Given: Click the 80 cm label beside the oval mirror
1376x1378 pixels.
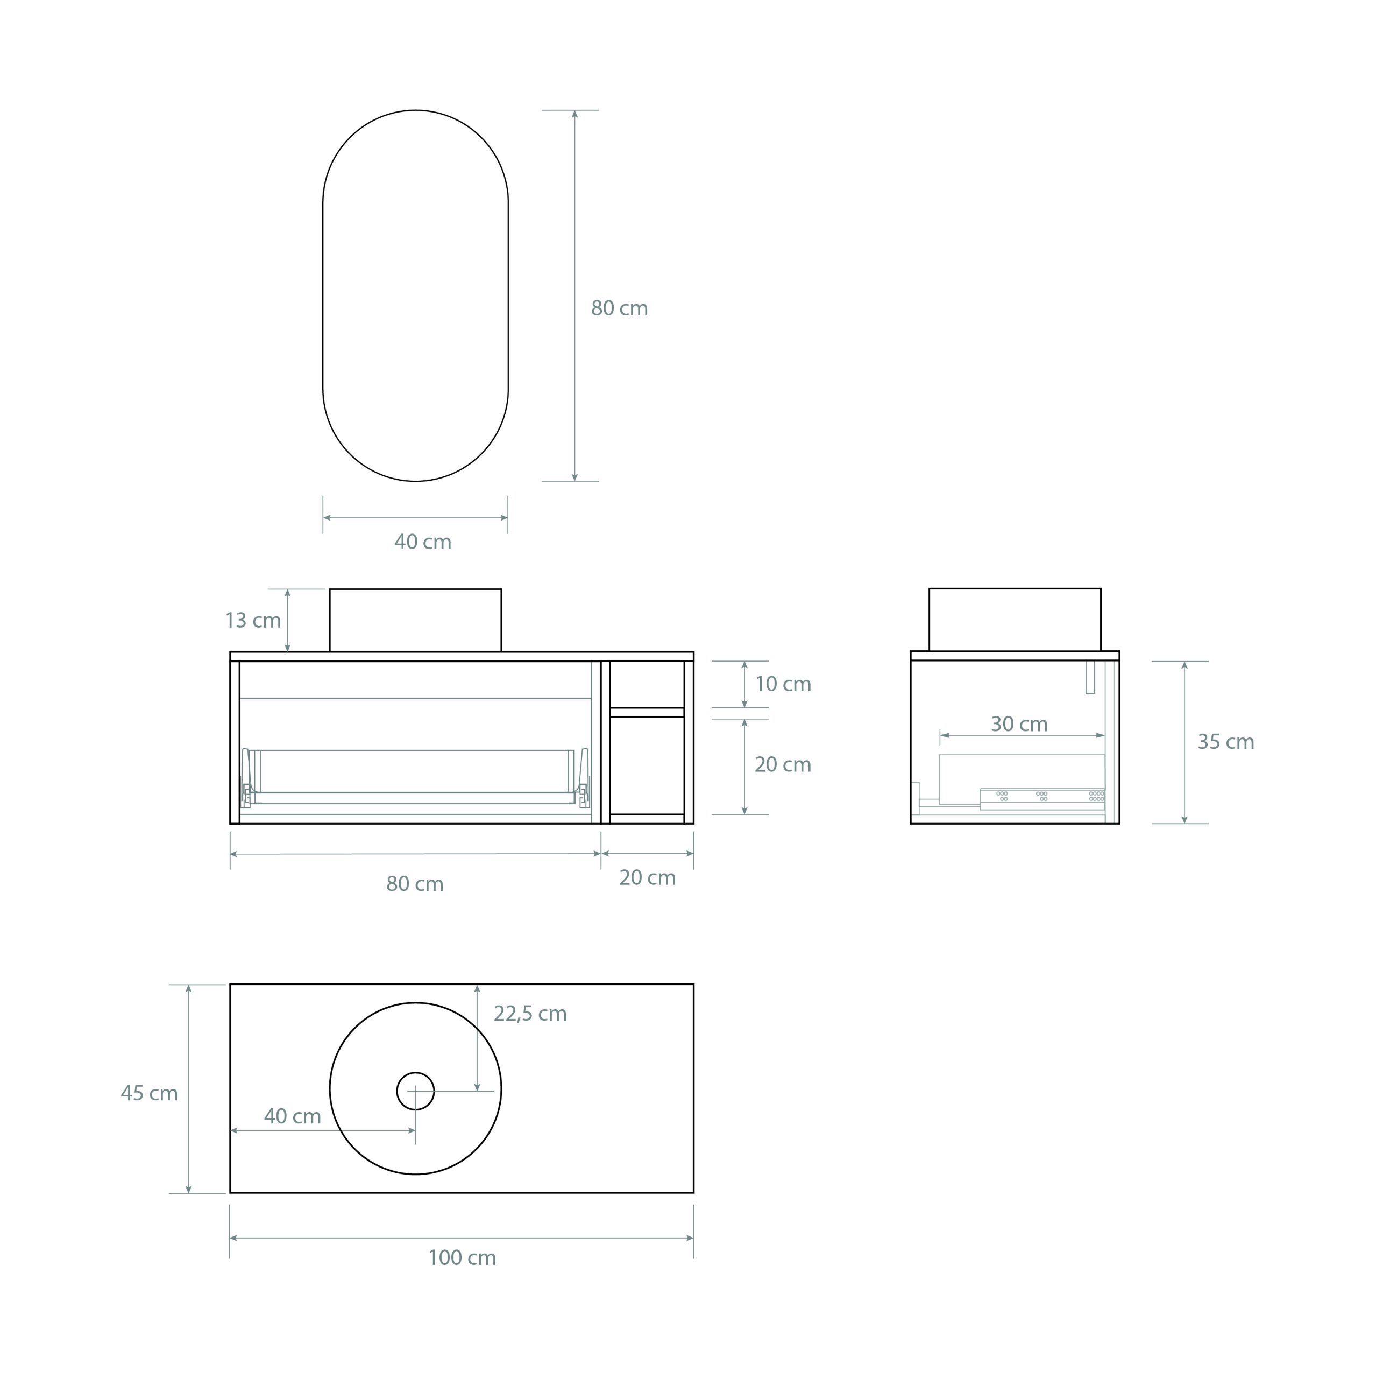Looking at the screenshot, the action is click(x=619, y=308).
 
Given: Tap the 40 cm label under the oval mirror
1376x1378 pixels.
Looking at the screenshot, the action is click(x=423, y=542).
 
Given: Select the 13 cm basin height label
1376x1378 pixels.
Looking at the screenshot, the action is click(x=253, y=621).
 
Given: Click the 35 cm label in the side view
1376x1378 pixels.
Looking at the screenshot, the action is click(x=1225, y=742).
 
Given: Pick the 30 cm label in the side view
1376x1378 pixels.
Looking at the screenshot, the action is click(x=1019, y=724).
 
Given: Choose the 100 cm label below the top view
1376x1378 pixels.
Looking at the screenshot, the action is click(x=462, y=1257).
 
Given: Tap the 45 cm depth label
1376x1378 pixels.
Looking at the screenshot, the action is click(x=149, y=1093).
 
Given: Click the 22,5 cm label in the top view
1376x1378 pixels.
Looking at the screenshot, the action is click(x=530, y=1014).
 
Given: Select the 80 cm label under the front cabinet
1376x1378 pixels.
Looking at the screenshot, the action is click(x=415, y=884).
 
